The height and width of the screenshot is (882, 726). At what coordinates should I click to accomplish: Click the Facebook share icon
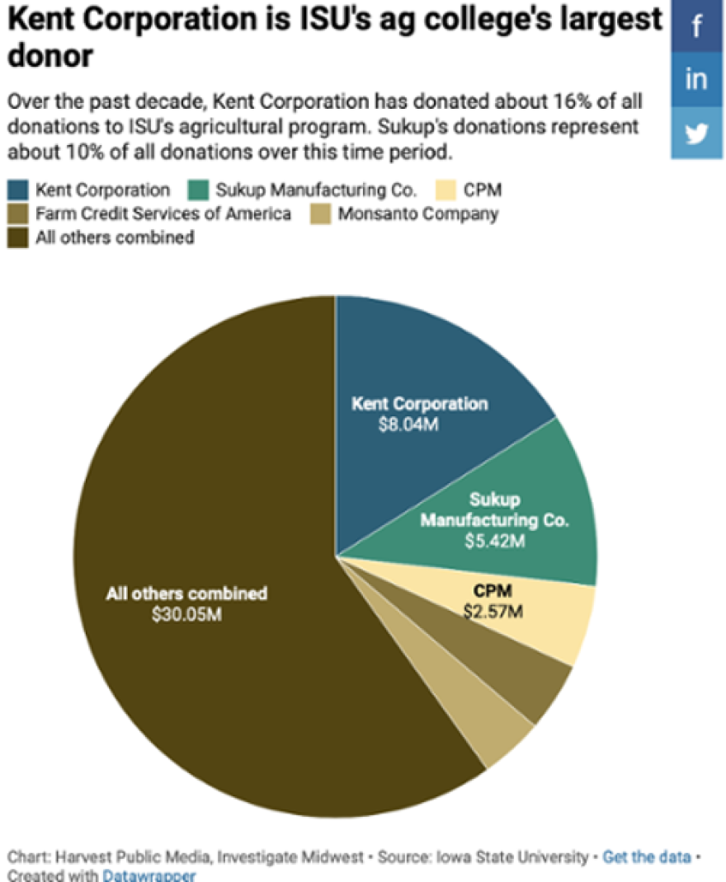pyautogui.click(x=697, y=27)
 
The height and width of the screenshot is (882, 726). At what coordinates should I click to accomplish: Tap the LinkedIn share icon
pyautogui.click(x=697, y=79)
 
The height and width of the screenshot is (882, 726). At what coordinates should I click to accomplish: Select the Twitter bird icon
pyautogui.click(x=697, y=132)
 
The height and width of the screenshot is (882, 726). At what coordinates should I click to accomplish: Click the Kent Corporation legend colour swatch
pyautogui.click(x=19, y=190)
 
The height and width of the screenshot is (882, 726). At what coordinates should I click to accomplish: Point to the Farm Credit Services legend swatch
pyautogui.click(x=19, y=214)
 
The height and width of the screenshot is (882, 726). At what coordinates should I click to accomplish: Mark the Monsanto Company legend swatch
pyautogui.click(x=322, y=214)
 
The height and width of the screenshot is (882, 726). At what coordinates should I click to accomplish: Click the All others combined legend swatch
pyautogui.click(x=19, y=238)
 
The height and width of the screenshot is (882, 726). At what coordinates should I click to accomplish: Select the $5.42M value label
pyautogui.click(x=496, y=542)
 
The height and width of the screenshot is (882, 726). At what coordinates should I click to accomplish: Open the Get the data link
pyautogui.click(x=646, y=857)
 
